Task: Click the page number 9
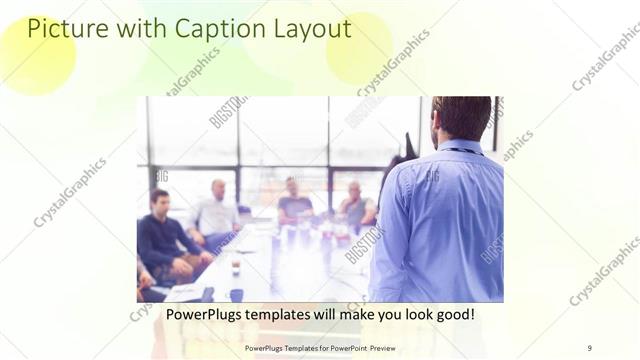(x=590, y=347)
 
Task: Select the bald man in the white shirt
(x=216, y=212)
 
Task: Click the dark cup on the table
(x=236, y=294)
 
